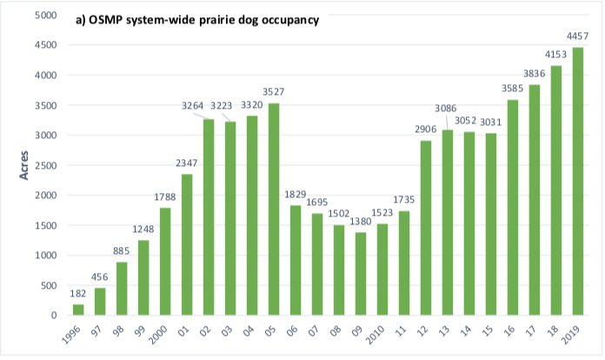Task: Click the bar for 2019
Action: pyautogui.click(x=577, y=181)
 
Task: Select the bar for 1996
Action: pyautogui.click(x=78, y=310)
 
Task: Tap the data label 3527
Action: pyautogui.click(x=274, y=92)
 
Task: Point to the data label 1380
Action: pyautogui.click(x=361, y=222)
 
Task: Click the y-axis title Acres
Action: pyautogui.click(x=24, y=165)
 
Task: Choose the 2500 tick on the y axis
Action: pyautogui.click(x=46, y=165)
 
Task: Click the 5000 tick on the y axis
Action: pyautogui.click(x=46, y=15)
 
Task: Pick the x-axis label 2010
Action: pyautogui.click(x=375, y=335)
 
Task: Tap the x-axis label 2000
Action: pyautogui.click(x=158, y=335)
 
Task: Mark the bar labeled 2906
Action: pyautogui.click(x=426, y=228)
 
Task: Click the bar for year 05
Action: pyautogui.click(x=274, y=210)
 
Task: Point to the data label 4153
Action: pyautogui.click(x=555, y=55)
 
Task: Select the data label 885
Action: pyautogui.click(x=121, y=251)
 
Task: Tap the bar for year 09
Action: pyautogui.click(x=361, y=274)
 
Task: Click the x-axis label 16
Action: pyautogui.click(x=509, y=330)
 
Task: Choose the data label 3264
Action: pyautogui.click(x=192, y=106)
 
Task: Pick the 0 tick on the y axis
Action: pyautogui.click(x=54, y=316)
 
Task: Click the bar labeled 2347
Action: pyautogui.click(x=187, y=244)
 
